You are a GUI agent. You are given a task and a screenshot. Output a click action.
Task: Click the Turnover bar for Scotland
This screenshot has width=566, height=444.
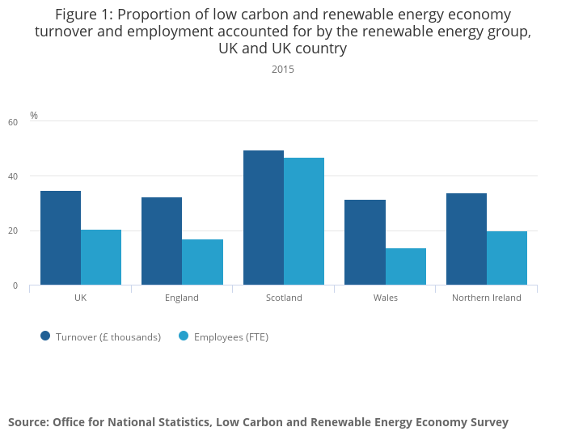coord(263,218)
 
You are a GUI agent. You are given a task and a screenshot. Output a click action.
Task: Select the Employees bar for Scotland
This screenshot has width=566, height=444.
coord(304,221)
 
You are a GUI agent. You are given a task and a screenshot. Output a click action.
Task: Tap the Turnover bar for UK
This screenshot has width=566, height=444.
coord(61,238)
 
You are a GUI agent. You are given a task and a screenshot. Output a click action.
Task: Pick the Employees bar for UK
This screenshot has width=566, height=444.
coord(101,257)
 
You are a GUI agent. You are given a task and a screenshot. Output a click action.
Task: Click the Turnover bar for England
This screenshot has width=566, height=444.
coord(162,241)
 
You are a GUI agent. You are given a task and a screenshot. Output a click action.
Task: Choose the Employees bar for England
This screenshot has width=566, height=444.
coord(203,262)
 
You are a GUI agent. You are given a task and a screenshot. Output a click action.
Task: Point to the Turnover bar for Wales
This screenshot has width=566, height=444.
coord(365,242)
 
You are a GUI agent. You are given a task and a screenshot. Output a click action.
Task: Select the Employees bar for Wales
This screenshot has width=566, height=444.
coord(406,266)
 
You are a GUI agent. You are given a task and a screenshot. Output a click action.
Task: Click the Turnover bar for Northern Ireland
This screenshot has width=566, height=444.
coord(467,239)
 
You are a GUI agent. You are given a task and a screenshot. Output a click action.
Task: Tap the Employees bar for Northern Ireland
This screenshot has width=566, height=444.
coord(507,258)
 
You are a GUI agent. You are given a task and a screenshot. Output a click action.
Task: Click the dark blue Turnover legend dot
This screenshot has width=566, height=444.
coord(45,336)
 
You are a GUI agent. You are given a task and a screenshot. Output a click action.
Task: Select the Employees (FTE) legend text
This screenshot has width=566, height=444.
coord(230,337)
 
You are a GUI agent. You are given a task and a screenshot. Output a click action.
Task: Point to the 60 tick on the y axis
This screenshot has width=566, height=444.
coord(12,122)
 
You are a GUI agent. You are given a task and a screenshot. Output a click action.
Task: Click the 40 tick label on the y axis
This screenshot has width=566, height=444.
coord(12,176)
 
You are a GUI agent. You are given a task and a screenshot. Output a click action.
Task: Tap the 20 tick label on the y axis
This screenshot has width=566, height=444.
coord(12,231)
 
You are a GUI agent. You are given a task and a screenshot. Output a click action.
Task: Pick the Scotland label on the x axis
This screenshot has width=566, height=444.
coord(284,298)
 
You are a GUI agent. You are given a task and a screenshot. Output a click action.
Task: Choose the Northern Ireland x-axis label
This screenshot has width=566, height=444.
coord(487,298)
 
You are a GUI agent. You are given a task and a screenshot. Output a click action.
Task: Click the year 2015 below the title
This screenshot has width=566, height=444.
coord(283,70)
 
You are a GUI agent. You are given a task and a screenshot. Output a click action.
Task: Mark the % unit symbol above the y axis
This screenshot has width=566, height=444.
coord(34,116)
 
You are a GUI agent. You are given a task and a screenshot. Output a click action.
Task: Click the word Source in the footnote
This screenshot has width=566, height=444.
coord(27,422)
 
